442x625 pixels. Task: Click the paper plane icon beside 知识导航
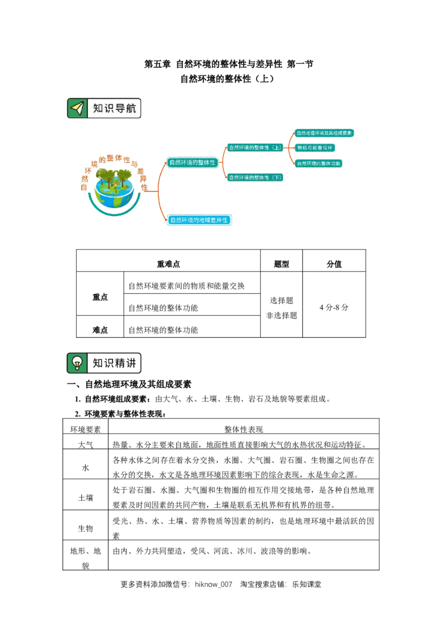(77, 108)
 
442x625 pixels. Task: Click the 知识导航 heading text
(114, 108)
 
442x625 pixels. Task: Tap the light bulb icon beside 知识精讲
(77, 363)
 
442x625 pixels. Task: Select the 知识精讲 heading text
(114, 363)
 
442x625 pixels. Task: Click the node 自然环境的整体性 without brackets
(192, 163)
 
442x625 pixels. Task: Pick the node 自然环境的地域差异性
(199, 220)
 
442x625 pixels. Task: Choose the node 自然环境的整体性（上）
(255, 147)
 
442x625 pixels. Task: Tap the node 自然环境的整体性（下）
(255, 177)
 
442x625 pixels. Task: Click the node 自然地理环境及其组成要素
(323, 133)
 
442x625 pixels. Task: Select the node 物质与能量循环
(315, 148)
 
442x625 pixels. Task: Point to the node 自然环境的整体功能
(318, 163)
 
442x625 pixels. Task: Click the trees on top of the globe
(113, 177)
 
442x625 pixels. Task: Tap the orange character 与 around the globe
(134, 164)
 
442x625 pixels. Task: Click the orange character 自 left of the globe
(84, 188)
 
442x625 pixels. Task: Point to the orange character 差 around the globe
(140, 171)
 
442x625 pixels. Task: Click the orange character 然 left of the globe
(85, 178)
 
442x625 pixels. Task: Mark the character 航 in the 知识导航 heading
(130, 108)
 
